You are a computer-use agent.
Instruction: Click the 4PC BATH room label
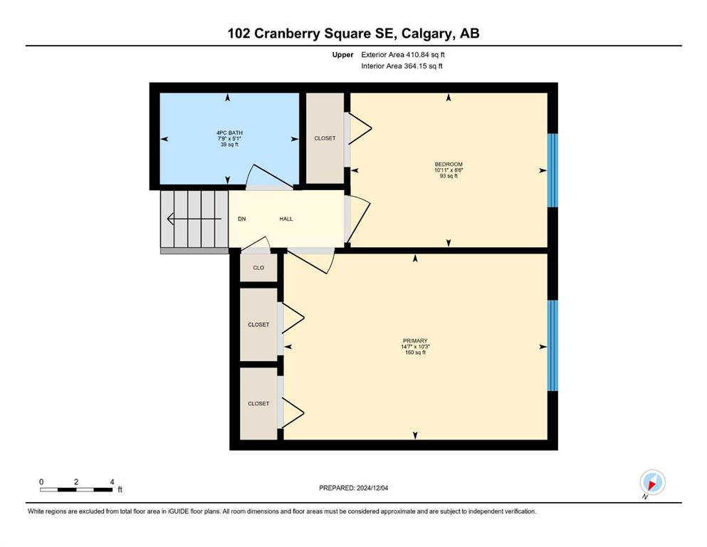click(x=229, y=132)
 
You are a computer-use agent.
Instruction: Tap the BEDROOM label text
click(x=449, y=164)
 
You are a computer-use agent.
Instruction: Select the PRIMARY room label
click(x=415, y=341)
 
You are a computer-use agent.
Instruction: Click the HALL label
click(x=286, y=219)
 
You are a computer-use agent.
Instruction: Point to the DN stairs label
click(x=241, y=219)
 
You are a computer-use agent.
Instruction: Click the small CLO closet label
click(x=258, y=268)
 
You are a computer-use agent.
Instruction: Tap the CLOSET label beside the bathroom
click(x=325, y=138)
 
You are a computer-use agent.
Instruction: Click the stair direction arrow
click(x=194, y=219)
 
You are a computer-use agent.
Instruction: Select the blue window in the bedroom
click(x=552, y=170)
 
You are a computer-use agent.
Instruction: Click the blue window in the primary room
click(x=552, y=345)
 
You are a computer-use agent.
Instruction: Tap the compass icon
click(x=652, y=482)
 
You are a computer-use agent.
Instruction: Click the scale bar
click(x=76, y=489)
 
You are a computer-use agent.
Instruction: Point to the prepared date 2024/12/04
click(x=372, y=488)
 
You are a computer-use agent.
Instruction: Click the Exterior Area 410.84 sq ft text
click(x=403, y=55)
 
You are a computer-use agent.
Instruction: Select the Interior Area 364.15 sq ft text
click(x=402, y=66)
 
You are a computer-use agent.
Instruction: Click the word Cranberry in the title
click(x=292, y=33)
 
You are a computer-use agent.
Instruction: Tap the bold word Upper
click(x=342, y=55)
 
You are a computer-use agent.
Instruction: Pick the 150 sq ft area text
click(x=415, y=352)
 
